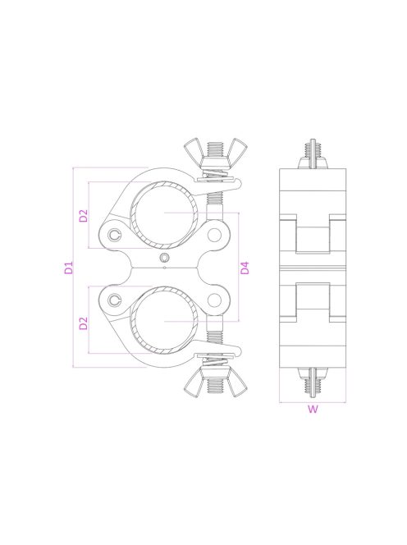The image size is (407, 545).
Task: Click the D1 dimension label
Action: tap(69, 268)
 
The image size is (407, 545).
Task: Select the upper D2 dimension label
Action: tap(84, 217)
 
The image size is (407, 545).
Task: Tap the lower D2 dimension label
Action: tap(84, 323)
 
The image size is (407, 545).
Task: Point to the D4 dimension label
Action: tap(245, 268)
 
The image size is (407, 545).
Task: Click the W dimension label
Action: tap(312, 411)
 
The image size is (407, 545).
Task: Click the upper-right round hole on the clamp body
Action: tap(215, 236)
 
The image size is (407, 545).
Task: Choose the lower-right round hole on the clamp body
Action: tap(215, 300)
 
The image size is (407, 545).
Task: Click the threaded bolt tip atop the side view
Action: tap(312, 148)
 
